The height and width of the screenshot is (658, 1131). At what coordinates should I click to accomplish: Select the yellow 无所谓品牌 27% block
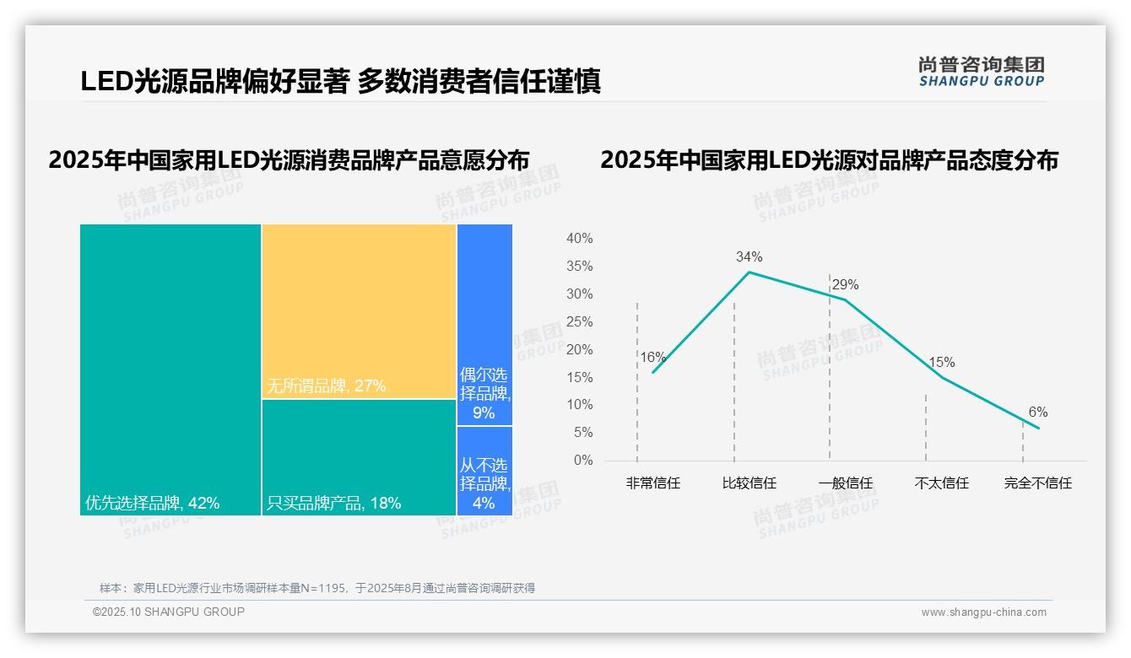[x=359, y=311]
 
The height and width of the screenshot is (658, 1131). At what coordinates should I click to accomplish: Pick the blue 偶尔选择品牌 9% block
[x=484, y=325]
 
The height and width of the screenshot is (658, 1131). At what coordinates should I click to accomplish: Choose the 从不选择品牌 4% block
[x=484, y=471]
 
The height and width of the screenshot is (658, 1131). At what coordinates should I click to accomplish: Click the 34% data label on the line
[x=749, y=256]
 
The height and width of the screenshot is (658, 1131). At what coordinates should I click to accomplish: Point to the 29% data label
[x=845, y=285]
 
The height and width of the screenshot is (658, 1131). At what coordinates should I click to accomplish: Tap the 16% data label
[x=652, y=357]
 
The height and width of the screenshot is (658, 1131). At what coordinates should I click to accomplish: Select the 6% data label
[x=1037, y=413]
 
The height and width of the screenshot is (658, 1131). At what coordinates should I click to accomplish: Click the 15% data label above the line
[x=941, y=363]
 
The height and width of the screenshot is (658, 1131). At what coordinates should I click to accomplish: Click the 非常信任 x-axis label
[x=652, y=483]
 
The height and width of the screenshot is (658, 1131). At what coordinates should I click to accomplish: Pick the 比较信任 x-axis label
[x=749, y=483]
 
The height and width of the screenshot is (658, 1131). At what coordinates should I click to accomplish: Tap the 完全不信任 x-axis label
[x=1037, y=483]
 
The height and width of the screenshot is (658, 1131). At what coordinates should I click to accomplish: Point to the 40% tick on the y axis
[x=579, y=239]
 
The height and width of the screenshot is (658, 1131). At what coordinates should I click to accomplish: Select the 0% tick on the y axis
[x=582, y=461]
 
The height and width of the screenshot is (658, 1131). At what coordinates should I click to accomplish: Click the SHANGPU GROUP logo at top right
[x=981, y=72]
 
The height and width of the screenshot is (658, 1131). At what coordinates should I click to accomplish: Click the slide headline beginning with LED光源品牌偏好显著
[x=340, y=81]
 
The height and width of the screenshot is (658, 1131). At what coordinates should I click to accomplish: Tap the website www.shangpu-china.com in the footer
[x=983, y=612]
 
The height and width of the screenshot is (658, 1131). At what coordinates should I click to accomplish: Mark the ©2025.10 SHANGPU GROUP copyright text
[x=169, y=612]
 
